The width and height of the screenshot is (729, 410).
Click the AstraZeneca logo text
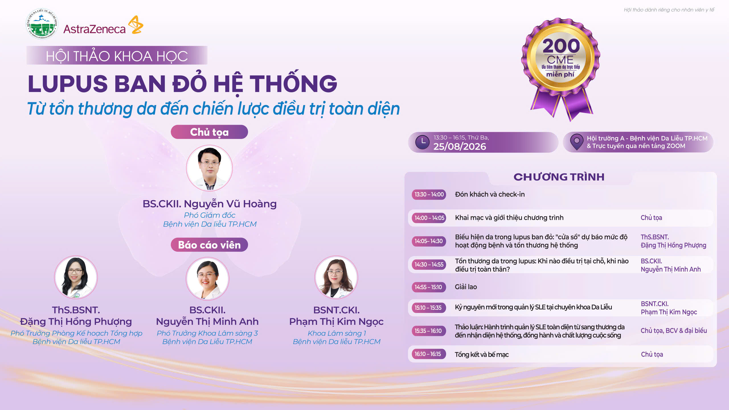tap(94, 29)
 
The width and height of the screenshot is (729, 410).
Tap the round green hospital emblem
tap(42, 24)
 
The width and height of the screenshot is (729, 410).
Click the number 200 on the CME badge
tap(561, 46)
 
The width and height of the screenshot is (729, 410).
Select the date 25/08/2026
tap(460, 146)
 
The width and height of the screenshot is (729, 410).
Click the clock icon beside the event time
tap(422, 142)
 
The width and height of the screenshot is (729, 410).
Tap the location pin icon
tap(577, 142)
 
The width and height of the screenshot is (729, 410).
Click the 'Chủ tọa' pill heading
tap(209, 132)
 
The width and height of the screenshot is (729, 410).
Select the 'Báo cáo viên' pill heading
tap(209, 245)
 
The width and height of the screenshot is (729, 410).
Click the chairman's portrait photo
tap(209, 168)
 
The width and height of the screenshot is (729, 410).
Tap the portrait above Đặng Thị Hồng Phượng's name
tap(76, 277)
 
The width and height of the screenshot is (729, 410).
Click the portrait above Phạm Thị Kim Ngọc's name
tap(336, 277)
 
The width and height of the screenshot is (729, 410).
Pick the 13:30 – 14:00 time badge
tap(429, 194)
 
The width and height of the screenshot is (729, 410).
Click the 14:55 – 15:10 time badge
tap(429, 287)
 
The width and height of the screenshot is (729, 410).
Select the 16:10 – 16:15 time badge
tap(429, 354)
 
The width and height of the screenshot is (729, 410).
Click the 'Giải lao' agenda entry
tap(466, 287)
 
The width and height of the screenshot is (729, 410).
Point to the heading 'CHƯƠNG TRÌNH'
tap(559, 177)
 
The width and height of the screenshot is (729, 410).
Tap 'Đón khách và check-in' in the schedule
tap(490, 194)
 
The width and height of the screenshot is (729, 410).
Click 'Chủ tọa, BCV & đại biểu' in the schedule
tap(674, 331)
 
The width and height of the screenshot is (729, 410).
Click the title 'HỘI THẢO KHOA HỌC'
tap(117, 56)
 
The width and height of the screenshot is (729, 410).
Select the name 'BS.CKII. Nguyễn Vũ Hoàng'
tap(210, 204)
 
